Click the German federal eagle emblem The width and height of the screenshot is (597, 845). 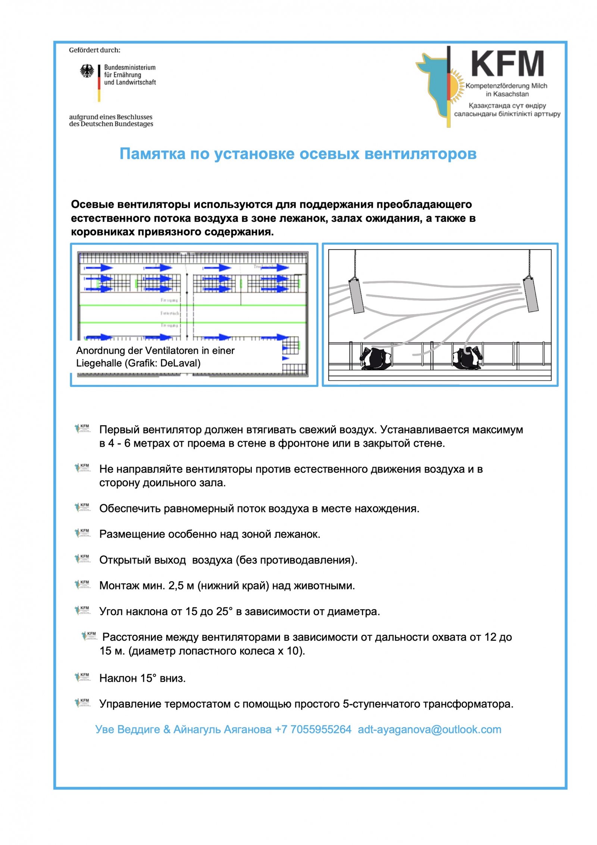(87, 71)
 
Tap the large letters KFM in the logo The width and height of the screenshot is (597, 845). (507, 64)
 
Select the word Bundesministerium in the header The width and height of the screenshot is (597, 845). (129, 68)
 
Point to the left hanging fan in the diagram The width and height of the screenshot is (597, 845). (356, 295)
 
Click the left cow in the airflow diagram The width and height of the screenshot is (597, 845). (376, 358)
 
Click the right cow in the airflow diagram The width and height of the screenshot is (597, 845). (467, 358)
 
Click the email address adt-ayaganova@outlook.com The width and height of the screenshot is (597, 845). (429, 730)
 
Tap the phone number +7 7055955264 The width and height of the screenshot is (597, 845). (313, 730)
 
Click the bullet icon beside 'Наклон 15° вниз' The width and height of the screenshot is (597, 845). (83, 677)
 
